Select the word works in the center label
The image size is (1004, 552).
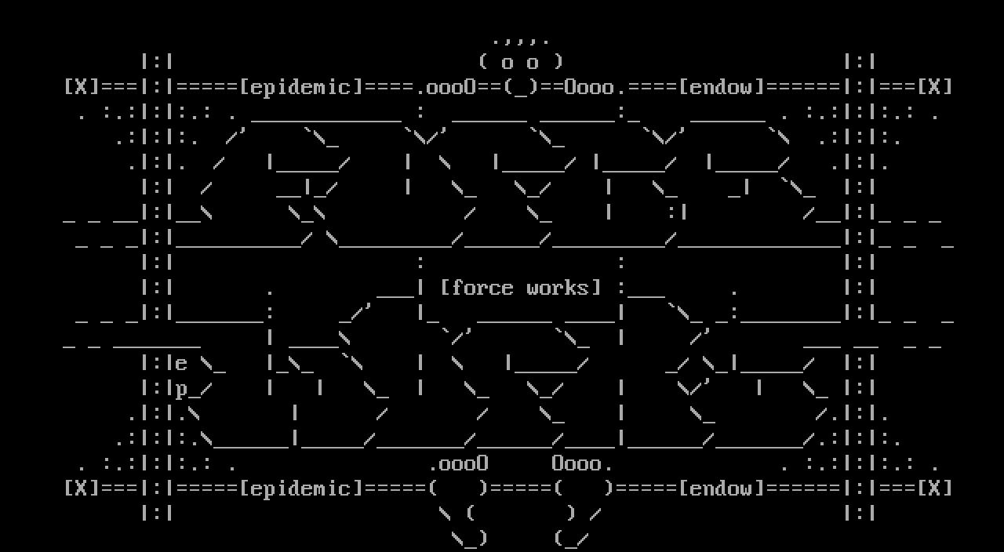point(558,288)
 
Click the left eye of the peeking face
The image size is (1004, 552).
point(507,63)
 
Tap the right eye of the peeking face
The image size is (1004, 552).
point(533,63)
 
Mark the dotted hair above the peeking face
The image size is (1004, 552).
point(521,39)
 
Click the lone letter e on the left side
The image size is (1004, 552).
point(181,364)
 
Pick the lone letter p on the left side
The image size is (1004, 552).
point(181,389)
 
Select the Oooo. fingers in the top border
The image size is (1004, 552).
point(590,87)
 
